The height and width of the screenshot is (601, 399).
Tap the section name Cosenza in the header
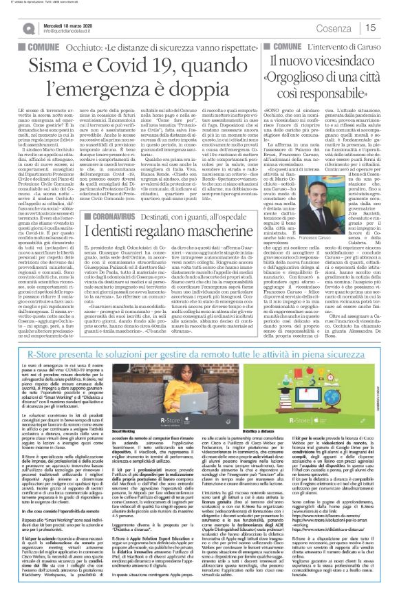[341, 28]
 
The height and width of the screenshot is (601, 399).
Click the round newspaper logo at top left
[11, 28]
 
